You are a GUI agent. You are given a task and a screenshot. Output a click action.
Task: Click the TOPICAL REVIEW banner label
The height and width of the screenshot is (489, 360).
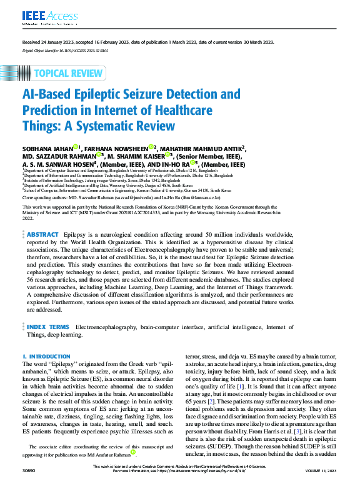(x=69, y=73)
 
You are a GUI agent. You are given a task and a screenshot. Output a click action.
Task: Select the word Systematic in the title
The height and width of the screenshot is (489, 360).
(x=122, y=126)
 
